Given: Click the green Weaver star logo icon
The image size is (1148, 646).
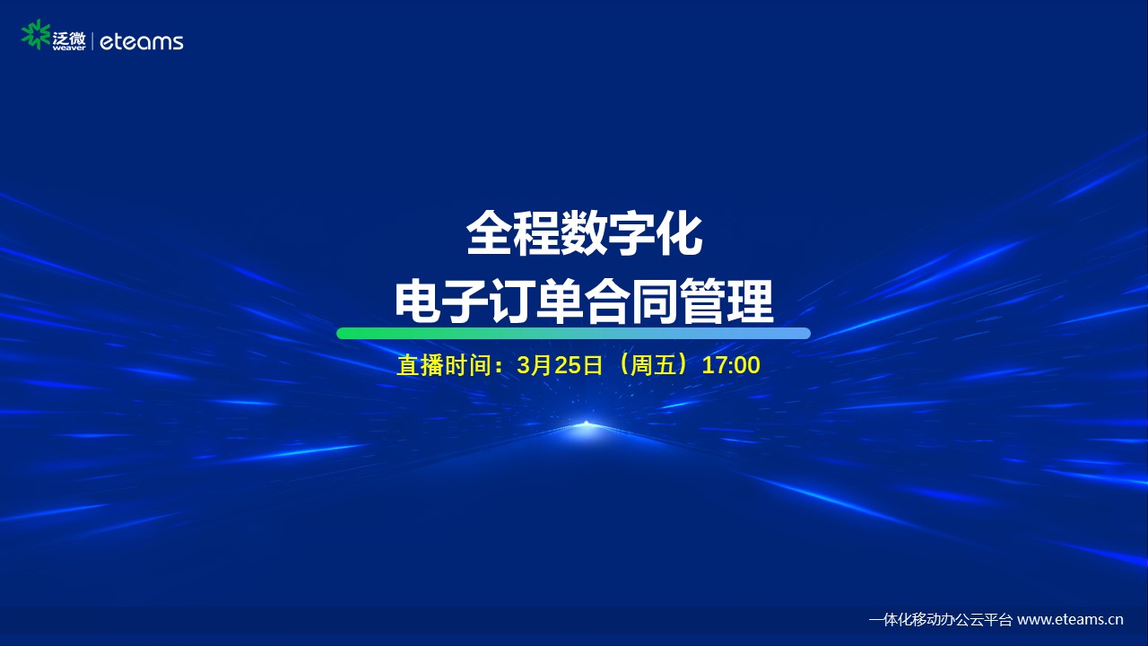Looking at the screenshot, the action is tap(35, 35).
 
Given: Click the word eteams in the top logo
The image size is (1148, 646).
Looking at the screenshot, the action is tap(142, 42).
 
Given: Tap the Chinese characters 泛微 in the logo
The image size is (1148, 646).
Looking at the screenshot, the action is tap(69, 38).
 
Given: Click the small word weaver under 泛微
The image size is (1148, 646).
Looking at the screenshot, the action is tap(69, 48).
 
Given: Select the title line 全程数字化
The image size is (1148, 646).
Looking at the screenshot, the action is tap(584, 235).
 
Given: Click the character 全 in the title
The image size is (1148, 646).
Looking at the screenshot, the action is tap(489, 235).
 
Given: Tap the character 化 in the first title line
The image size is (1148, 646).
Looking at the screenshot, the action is tap(679, 235).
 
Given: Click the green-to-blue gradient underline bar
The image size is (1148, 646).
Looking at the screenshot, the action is tap(573, 333).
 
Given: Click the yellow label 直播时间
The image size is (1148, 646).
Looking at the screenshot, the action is tap(444, 365).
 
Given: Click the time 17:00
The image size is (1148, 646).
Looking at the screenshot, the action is tap(731, 365).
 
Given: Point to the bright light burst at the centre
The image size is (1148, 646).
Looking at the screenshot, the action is tap(587, 424).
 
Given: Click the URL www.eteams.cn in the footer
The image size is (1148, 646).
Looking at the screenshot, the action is tap(1070, 619).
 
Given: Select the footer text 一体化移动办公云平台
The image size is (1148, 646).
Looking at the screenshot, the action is tap(941, 619).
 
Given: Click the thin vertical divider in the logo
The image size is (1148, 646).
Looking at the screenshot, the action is tap(92, 41).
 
